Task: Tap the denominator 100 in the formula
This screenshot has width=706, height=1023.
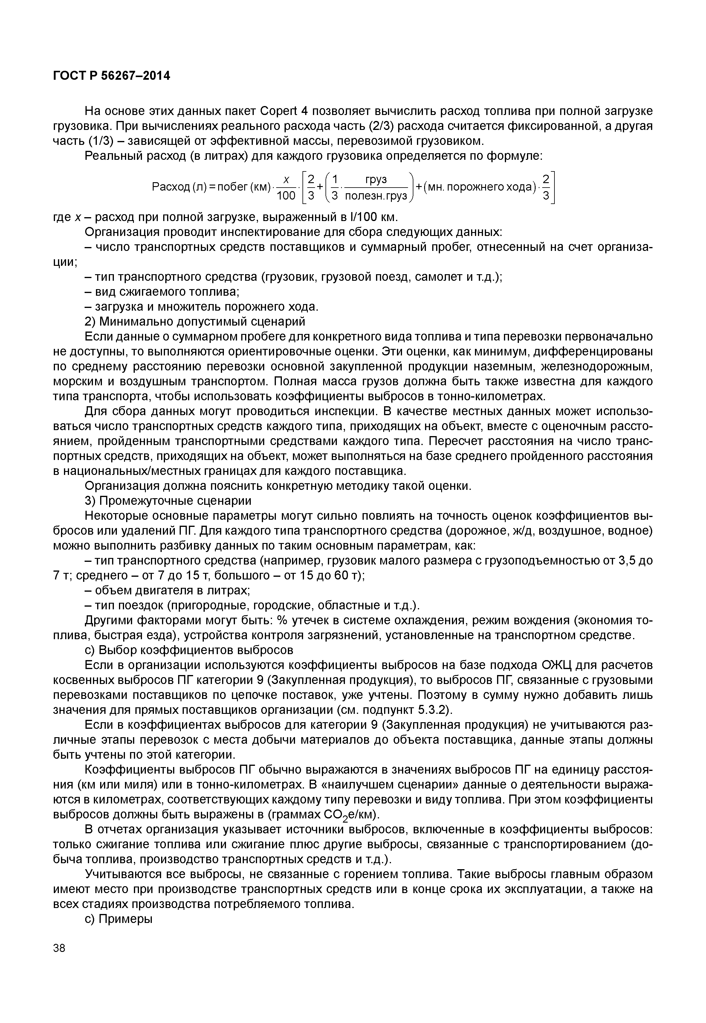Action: click(x=286, y=195)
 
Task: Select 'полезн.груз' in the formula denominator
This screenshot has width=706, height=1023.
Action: click(x=375, y=195)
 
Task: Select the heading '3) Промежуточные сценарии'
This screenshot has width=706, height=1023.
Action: click(x=168, y=501)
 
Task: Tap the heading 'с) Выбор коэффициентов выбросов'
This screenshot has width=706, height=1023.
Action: click(x=189, y=650)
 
